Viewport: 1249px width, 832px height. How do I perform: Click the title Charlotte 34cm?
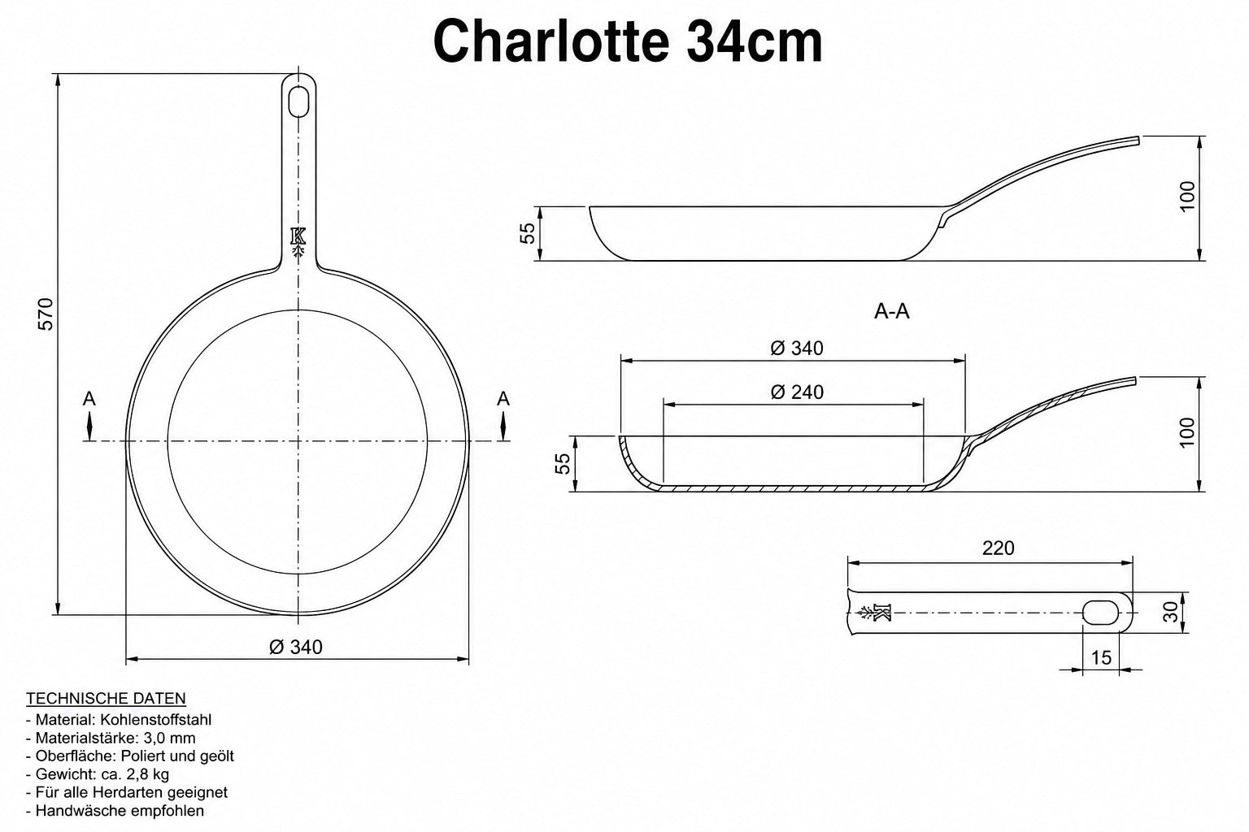click(x=628, y=41)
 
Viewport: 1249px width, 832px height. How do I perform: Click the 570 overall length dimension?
click(x=46, y=314)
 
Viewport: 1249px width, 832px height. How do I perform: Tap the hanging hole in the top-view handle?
click(x=299, y=101)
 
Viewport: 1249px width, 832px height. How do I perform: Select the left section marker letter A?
click(x=89, y=399)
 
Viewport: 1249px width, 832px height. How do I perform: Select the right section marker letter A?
click(x=503, y=399)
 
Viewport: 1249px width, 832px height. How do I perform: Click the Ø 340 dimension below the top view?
click(x=295, y=647)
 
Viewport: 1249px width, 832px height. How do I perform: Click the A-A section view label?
click(x=891, y=311)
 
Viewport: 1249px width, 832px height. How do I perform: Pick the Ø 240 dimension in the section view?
click(x=797, y=392)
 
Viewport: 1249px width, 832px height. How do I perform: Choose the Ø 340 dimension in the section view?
click(x=797, y=349)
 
